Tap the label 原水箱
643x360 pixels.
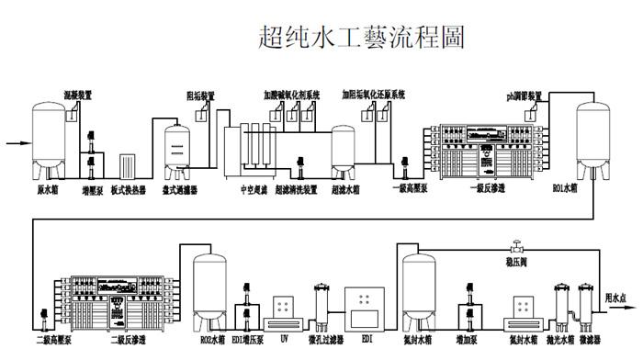coord(47,190)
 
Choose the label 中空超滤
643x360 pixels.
coord(240,190)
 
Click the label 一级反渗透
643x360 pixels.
coord(468,190)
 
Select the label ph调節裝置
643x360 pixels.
coord(524,95)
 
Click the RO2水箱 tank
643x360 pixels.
coord(211,291)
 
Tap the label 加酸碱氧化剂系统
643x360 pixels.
coord(290,95)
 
